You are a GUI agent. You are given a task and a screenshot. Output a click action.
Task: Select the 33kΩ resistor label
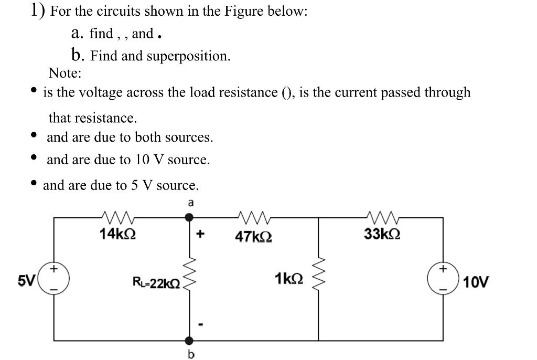pyautogui.click(x=382, y=234)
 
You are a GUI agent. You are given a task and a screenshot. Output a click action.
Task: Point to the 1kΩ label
pyautogui.click(x=288, y=278)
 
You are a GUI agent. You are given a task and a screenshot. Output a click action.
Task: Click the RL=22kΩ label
pyautogui.click(x=156, y=284)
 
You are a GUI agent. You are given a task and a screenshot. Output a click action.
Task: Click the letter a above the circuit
pyautogui.click(x=191, y=203)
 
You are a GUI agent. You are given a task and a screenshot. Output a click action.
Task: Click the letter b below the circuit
pyautogui.click(x=190, y=355)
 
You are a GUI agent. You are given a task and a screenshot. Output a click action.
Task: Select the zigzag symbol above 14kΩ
pyautogui.click(x=118, y=216)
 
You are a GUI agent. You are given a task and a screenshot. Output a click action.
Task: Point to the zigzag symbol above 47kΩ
pyautogui.click(x=253, y=216)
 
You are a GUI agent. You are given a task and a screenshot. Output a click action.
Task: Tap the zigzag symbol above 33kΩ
pyautogui.click(x=382, y=216)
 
